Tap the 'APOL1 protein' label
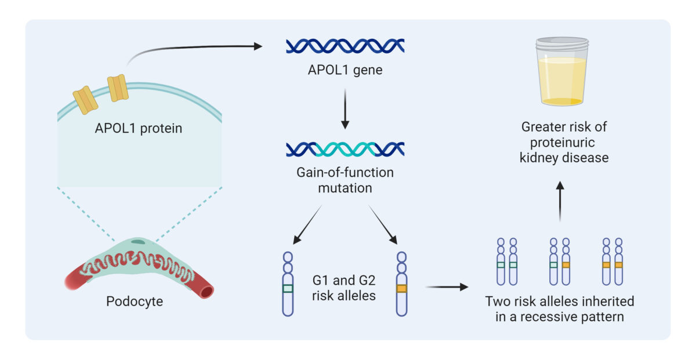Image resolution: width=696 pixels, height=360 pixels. pos(138,128)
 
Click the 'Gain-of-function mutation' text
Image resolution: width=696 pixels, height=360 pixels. pos(345,180)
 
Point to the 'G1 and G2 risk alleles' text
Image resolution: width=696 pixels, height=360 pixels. pos(345,288)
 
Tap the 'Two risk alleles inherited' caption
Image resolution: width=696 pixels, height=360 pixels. pos(560,301)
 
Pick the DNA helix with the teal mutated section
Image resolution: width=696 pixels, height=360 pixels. pos(345,149)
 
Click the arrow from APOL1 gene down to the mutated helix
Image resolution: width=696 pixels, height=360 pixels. pos(345,109)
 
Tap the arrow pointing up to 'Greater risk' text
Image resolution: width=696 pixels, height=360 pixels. pos(560,201)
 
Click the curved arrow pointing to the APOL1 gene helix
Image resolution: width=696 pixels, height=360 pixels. pos(191,49)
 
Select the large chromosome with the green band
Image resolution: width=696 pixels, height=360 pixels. pos(288,284)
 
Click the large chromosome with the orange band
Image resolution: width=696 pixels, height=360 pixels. pos(401,284)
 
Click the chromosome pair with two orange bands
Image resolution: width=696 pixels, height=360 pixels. pos(612,261)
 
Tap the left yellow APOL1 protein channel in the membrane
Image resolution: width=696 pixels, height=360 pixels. pos(85,99)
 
